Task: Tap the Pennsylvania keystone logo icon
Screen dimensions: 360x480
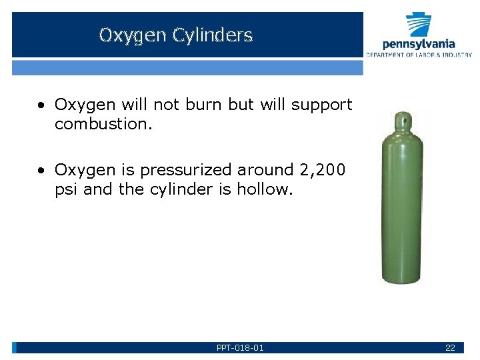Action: pyautogui.click(x=419, y=25)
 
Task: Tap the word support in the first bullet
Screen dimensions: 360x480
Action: pyautogui.click(x=321, y=105)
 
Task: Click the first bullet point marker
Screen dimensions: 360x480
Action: pyautogui.click(x=42, y=105)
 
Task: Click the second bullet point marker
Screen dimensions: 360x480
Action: pyautogui.click(x=42, y=171)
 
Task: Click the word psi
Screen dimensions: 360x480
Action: pyautogui.click(x=67, y=189)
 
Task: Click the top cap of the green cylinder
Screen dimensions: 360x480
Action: pyautogui.click(x=401, y=121)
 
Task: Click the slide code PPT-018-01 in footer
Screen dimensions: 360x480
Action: pyautogui.click(x=240, y=348)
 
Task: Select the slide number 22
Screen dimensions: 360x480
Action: pyautogui.click(x=450, y=348)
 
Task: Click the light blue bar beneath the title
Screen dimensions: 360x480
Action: pyautogui.click(x=187, y=67)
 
